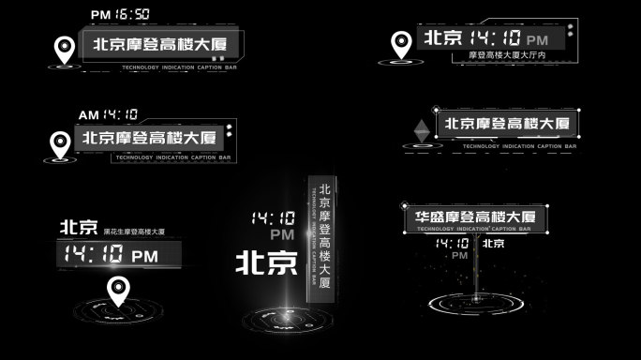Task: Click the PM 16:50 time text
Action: pos(120,15)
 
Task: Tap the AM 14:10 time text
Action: pos(109,114)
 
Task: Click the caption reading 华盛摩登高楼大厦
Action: pos(475,217)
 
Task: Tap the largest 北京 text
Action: pos(265,260)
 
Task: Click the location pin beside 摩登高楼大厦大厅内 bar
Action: pos(402,42)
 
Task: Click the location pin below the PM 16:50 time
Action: pos(65,50)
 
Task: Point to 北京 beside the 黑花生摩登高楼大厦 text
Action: pos(79,227)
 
